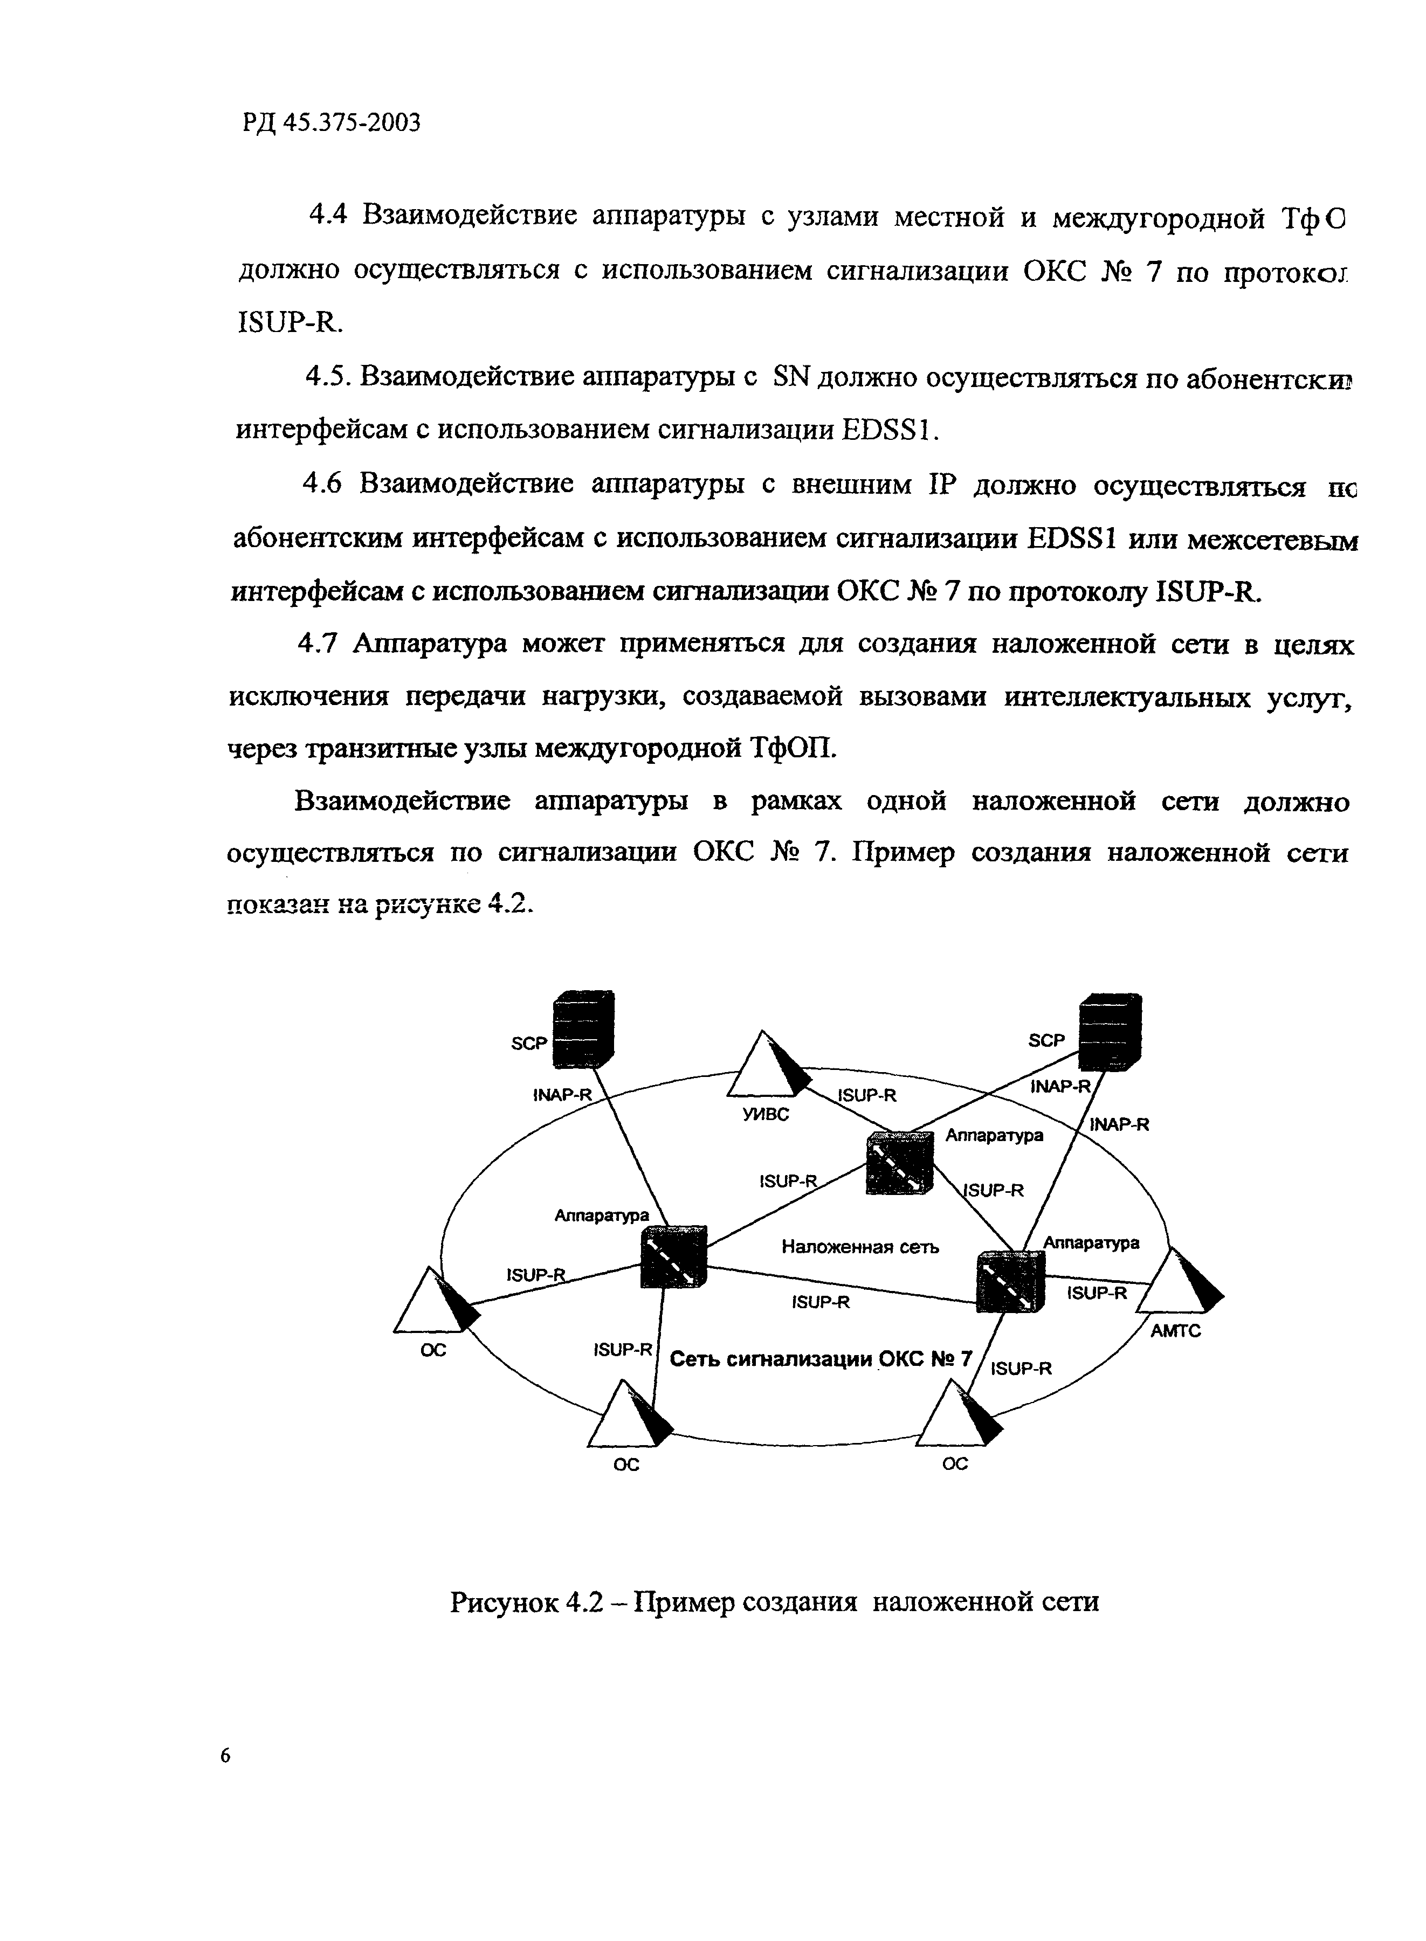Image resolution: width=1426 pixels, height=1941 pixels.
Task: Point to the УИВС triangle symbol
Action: pyautogui.click(x=767, y=1065)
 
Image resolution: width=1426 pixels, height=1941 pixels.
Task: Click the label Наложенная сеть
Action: pyautogui.click(x=860, y=1247)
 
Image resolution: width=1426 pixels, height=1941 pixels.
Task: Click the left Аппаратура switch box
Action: pyautogui.click(x=674, y=1256)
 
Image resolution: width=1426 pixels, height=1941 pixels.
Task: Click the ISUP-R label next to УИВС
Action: pyautogui.click(x=867, y=1095)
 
